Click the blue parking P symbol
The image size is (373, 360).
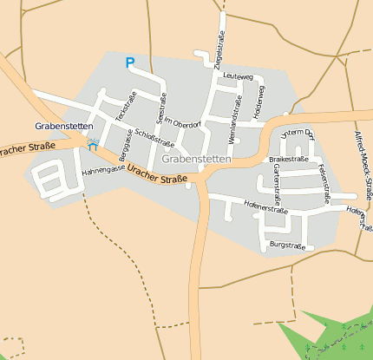point(130,62)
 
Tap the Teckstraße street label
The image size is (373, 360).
point(127,103)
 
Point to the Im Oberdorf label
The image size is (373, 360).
point(183,124)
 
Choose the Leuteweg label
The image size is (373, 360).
point(237,76)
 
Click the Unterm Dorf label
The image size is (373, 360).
point(295,132)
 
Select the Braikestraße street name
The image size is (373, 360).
point(289,159)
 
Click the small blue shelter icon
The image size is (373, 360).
point(93,146)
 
